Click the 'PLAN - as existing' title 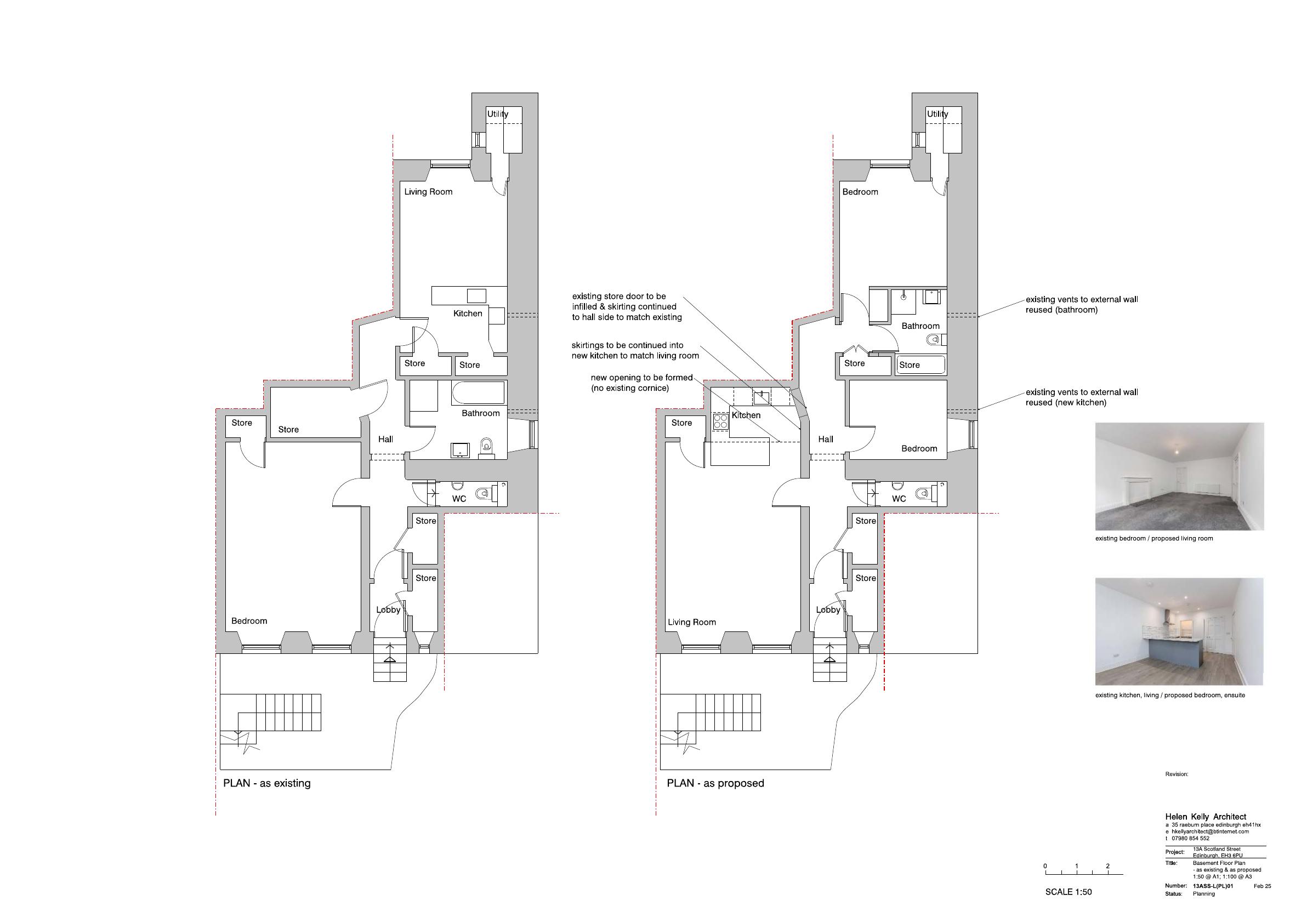pos(266,784)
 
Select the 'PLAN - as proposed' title pos(715,784)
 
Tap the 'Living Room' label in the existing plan pos(428,192)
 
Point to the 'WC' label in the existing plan pos(459,499)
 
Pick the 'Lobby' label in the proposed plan pos(828,610)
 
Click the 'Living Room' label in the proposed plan pos(692,623)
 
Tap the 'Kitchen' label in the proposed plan pos(746,415)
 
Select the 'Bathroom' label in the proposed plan pos(920,326)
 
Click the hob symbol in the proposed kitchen pos(721,421)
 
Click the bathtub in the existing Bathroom pos(479,392)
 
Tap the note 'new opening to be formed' pos(641,378)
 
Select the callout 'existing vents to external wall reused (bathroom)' pos(1082,304)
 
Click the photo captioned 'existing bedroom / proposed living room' pos(1179,477)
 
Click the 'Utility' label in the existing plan pos(497,114)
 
